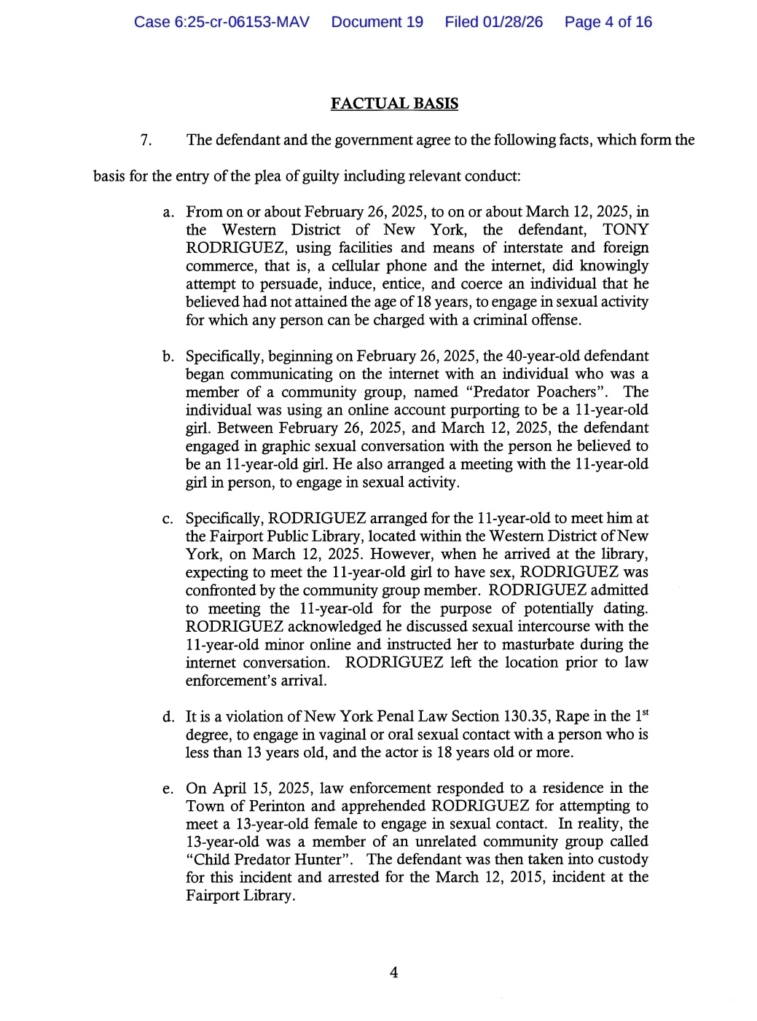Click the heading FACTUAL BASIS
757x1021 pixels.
pyautogui.click(x=394, y=103)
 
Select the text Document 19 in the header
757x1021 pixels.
pyautogui.click(x=377, y=22)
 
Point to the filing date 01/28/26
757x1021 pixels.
pyautogui.click(x=513, y=22)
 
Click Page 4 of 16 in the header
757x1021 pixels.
pyautogui.click(x=608, y=22)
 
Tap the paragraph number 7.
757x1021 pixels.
pyautogui.click(x=146, y=140)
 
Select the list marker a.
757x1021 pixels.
pyautogui.click(x=168, y=212)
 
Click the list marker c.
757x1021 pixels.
pyautogui.click(x=168, y=519)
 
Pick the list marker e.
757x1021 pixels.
pyautogui.click(x=168, y=789)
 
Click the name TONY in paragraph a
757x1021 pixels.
pyautogui.click(x=625, y=230)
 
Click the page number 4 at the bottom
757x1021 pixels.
pyautogui.click(x=393, y=973)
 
